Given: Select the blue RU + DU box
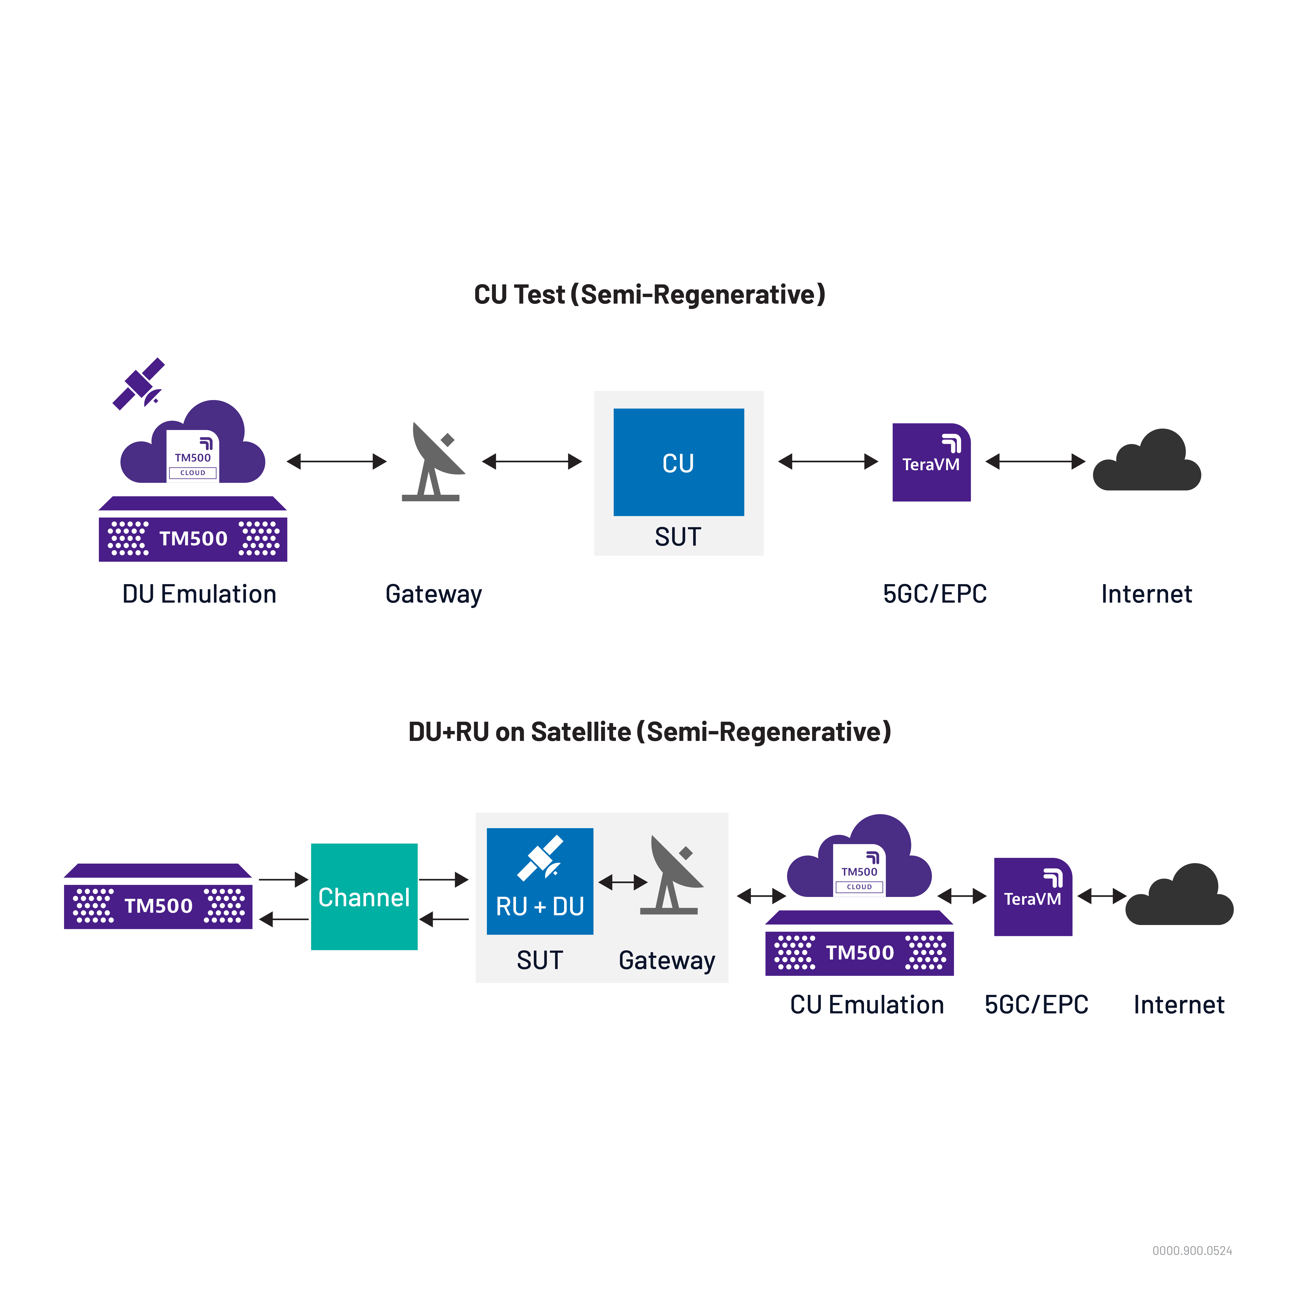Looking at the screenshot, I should click(540, 881).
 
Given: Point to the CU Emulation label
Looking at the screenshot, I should click(867, 1005).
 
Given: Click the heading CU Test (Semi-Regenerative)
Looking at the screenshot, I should click(649, 294).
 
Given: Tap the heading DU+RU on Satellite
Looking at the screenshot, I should click(649, 731).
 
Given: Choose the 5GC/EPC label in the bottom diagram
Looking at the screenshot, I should click(1036, 1005).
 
